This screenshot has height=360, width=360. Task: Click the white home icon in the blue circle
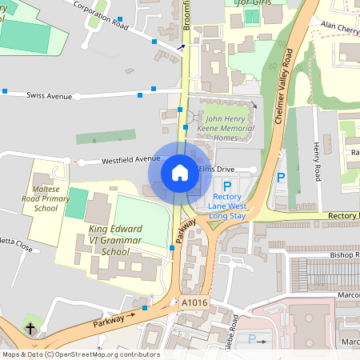[x=180, y=173]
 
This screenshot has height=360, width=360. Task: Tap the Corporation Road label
[x=100, y=14]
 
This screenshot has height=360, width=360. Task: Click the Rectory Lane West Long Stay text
[x=227, y=206]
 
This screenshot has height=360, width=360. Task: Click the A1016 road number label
[x=193, y=303]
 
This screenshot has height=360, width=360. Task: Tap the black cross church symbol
[x=30, y=329]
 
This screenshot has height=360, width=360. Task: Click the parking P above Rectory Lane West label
[x=227, y=185]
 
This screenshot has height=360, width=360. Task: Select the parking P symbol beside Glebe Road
[x=251, y=339]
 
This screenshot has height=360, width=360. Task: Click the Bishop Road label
[x=344, y=254]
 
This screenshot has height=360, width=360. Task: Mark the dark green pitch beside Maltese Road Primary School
[x=75, y=203]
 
